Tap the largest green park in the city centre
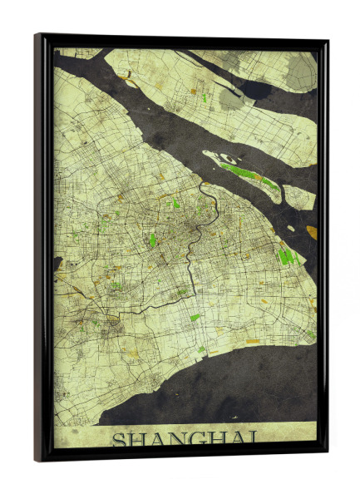[152, 240]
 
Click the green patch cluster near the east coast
[287, 256]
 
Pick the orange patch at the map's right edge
[312, 231]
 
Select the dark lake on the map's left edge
[58, 264]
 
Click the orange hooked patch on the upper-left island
[130, 80]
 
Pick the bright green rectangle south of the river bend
[195, 317]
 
